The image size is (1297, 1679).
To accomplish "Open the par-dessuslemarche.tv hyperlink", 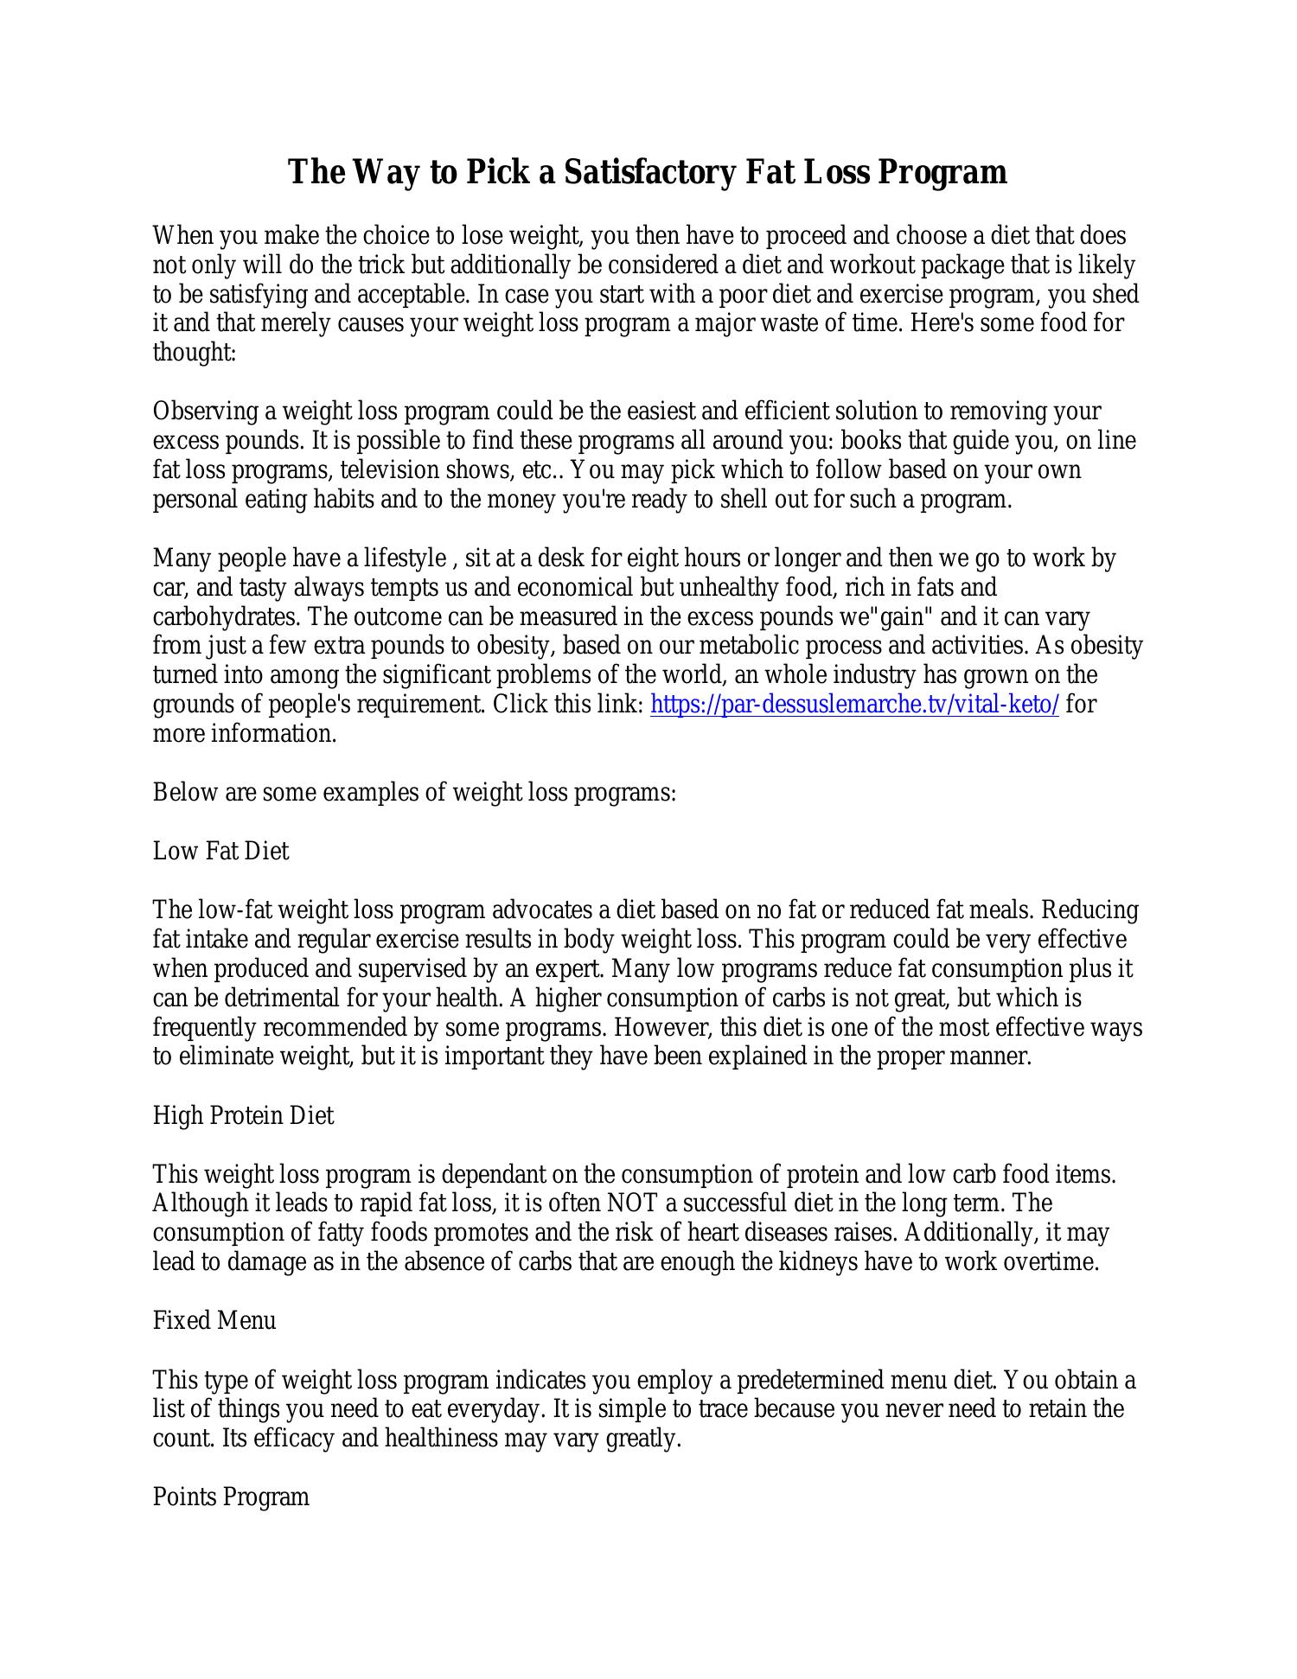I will [854, 705].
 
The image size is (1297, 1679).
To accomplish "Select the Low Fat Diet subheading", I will [220, 852].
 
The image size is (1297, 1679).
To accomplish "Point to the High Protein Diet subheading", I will [243, 1116].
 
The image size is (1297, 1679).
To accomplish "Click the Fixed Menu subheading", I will [214, 1320].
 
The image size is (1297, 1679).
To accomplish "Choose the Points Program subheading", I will [231, 1497].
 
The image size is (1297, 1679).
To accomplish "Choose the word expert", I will [575, 969].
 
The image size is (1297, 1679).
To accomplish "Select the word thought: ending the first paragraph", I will [195, 354].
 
